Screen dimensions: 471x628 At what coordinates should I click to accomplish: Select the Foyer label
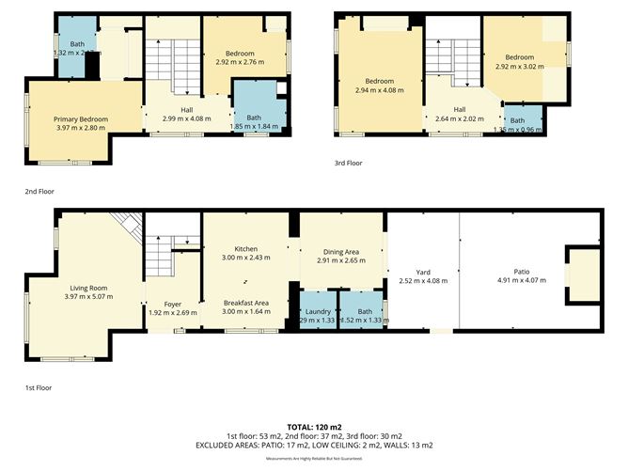(172, 304)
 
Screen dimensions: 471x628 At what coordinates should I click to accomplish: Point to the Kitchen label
(246, 248)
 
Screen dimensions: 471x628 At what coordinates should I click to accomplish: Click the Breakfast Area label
(246, 303)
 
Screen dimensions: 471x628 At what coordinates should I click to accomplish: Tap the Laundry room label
(315, 310)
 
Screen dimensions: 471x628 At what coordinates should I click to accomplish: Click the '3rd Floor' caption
(350, 163)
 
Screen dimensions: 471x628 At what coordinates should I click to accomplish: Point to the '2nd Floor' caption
(39, 191)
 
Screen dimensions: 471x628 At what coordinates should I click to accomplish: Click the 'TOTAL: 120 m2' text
(314, 426)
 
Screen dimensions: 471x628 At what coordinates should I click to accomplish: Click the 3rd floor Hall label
(459, 110)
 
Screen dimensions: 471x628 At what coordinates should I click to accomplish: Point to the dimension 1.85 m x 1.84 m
(254, 126)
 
